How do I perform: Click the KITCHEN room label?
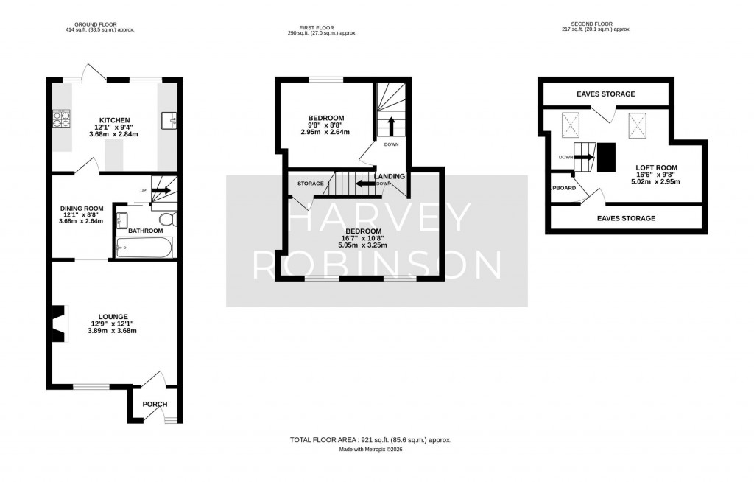[115, 120]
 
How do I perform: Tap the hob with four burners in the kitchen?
[61, 118]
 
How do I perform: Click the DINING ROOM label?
[82, 209]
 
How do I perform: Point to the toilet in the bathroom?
[168, 219]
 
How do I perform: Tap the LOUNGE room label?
[114, 316]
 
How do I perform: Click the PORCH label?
[155, 404]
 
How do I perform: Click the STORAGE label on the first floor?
[311, 183]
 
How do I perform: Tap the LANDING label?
[390, 177]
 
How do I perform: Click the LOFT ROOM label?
[656, 167]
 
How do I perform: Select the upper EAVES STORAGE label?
[605, 94]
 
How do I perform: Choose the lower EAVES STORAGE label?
[626, 218]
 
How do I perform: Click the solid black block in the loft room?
[606, 157]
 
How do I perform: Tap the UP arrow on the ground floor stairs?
[160, 191]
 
